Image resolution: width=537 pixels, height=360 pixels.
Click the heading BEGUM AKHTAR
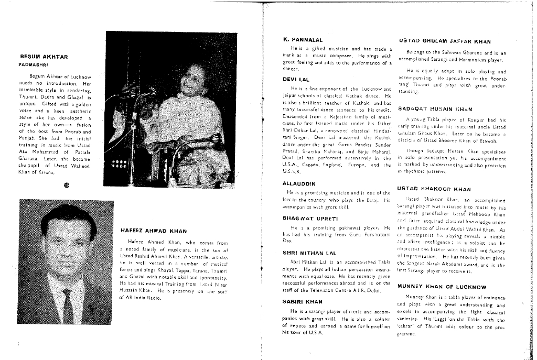tap(44, 57)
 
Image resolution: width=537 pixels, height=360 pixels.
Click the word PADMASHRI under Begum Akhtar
tap(33, 64)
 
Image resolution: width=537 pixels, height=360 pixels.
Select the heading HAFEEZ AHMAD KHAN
tap(154, 230)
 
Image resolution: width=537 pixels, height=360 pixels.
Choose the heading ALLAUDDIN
tap(299, 184)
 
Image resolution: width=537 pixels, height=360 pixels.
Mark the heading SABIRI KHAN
tap(303, 302)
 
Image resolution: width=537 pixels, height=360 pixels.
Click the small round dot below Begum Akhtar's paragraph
tap(66, 184)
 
